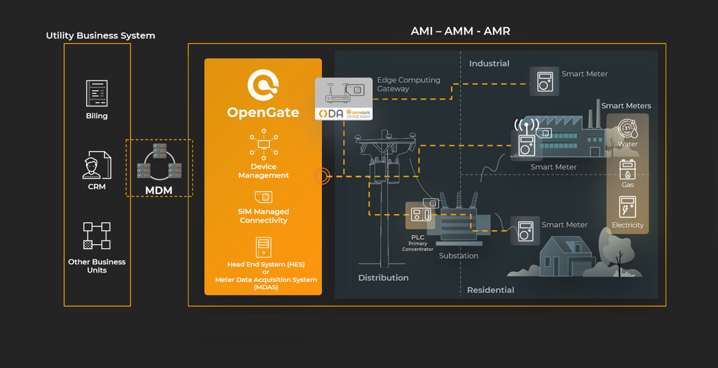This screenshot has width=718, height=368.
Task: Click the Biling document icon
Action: pos(97,93)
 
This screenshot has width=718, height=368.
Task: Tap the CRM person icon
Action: pos(97,165)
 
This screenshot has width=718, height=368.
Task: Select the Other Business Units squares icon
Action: pos(97,236)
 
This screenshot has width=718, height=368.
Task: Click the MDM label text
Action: pos(159,191)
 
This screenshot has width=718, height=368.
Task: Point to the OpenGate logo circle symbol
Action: pos(263,85)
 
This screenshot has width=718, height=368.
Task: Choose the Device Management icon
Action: pos(263,145)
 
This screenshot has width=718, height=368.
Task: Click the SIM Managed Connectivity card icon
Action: pos(263,197)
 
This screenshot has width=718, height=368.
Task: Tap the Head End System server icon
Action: pos(263,247)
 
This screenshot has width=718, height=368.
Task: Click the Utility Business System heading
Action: pos(101,36)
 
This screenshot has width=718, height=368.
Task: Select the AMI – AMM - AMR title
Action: pos(460,31)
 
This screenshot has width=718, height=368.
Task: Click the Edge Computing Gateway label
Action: pos(409,84)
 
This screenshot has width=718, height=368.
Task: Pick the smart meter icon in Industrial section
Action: pos(544,81)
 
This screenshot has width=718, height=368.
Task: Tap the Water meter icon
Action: pos(627,129)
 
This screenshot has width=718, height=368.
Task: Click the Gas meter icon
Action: pos(627,170)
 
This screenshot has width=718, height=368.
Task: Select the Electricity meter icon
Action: pos(627,208)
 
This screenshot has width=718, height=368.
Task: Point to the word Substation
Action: pos(458,256)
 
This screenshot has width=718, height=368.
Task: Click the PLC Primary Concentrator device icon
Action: pos(420,215)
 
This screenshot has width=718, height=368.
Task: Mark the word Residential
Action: pos(490,290)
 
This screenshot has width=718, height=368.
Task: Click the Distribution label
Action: pos(383,278)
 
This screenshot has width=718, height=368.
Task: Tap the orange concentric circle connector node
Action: pos(322,176)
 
